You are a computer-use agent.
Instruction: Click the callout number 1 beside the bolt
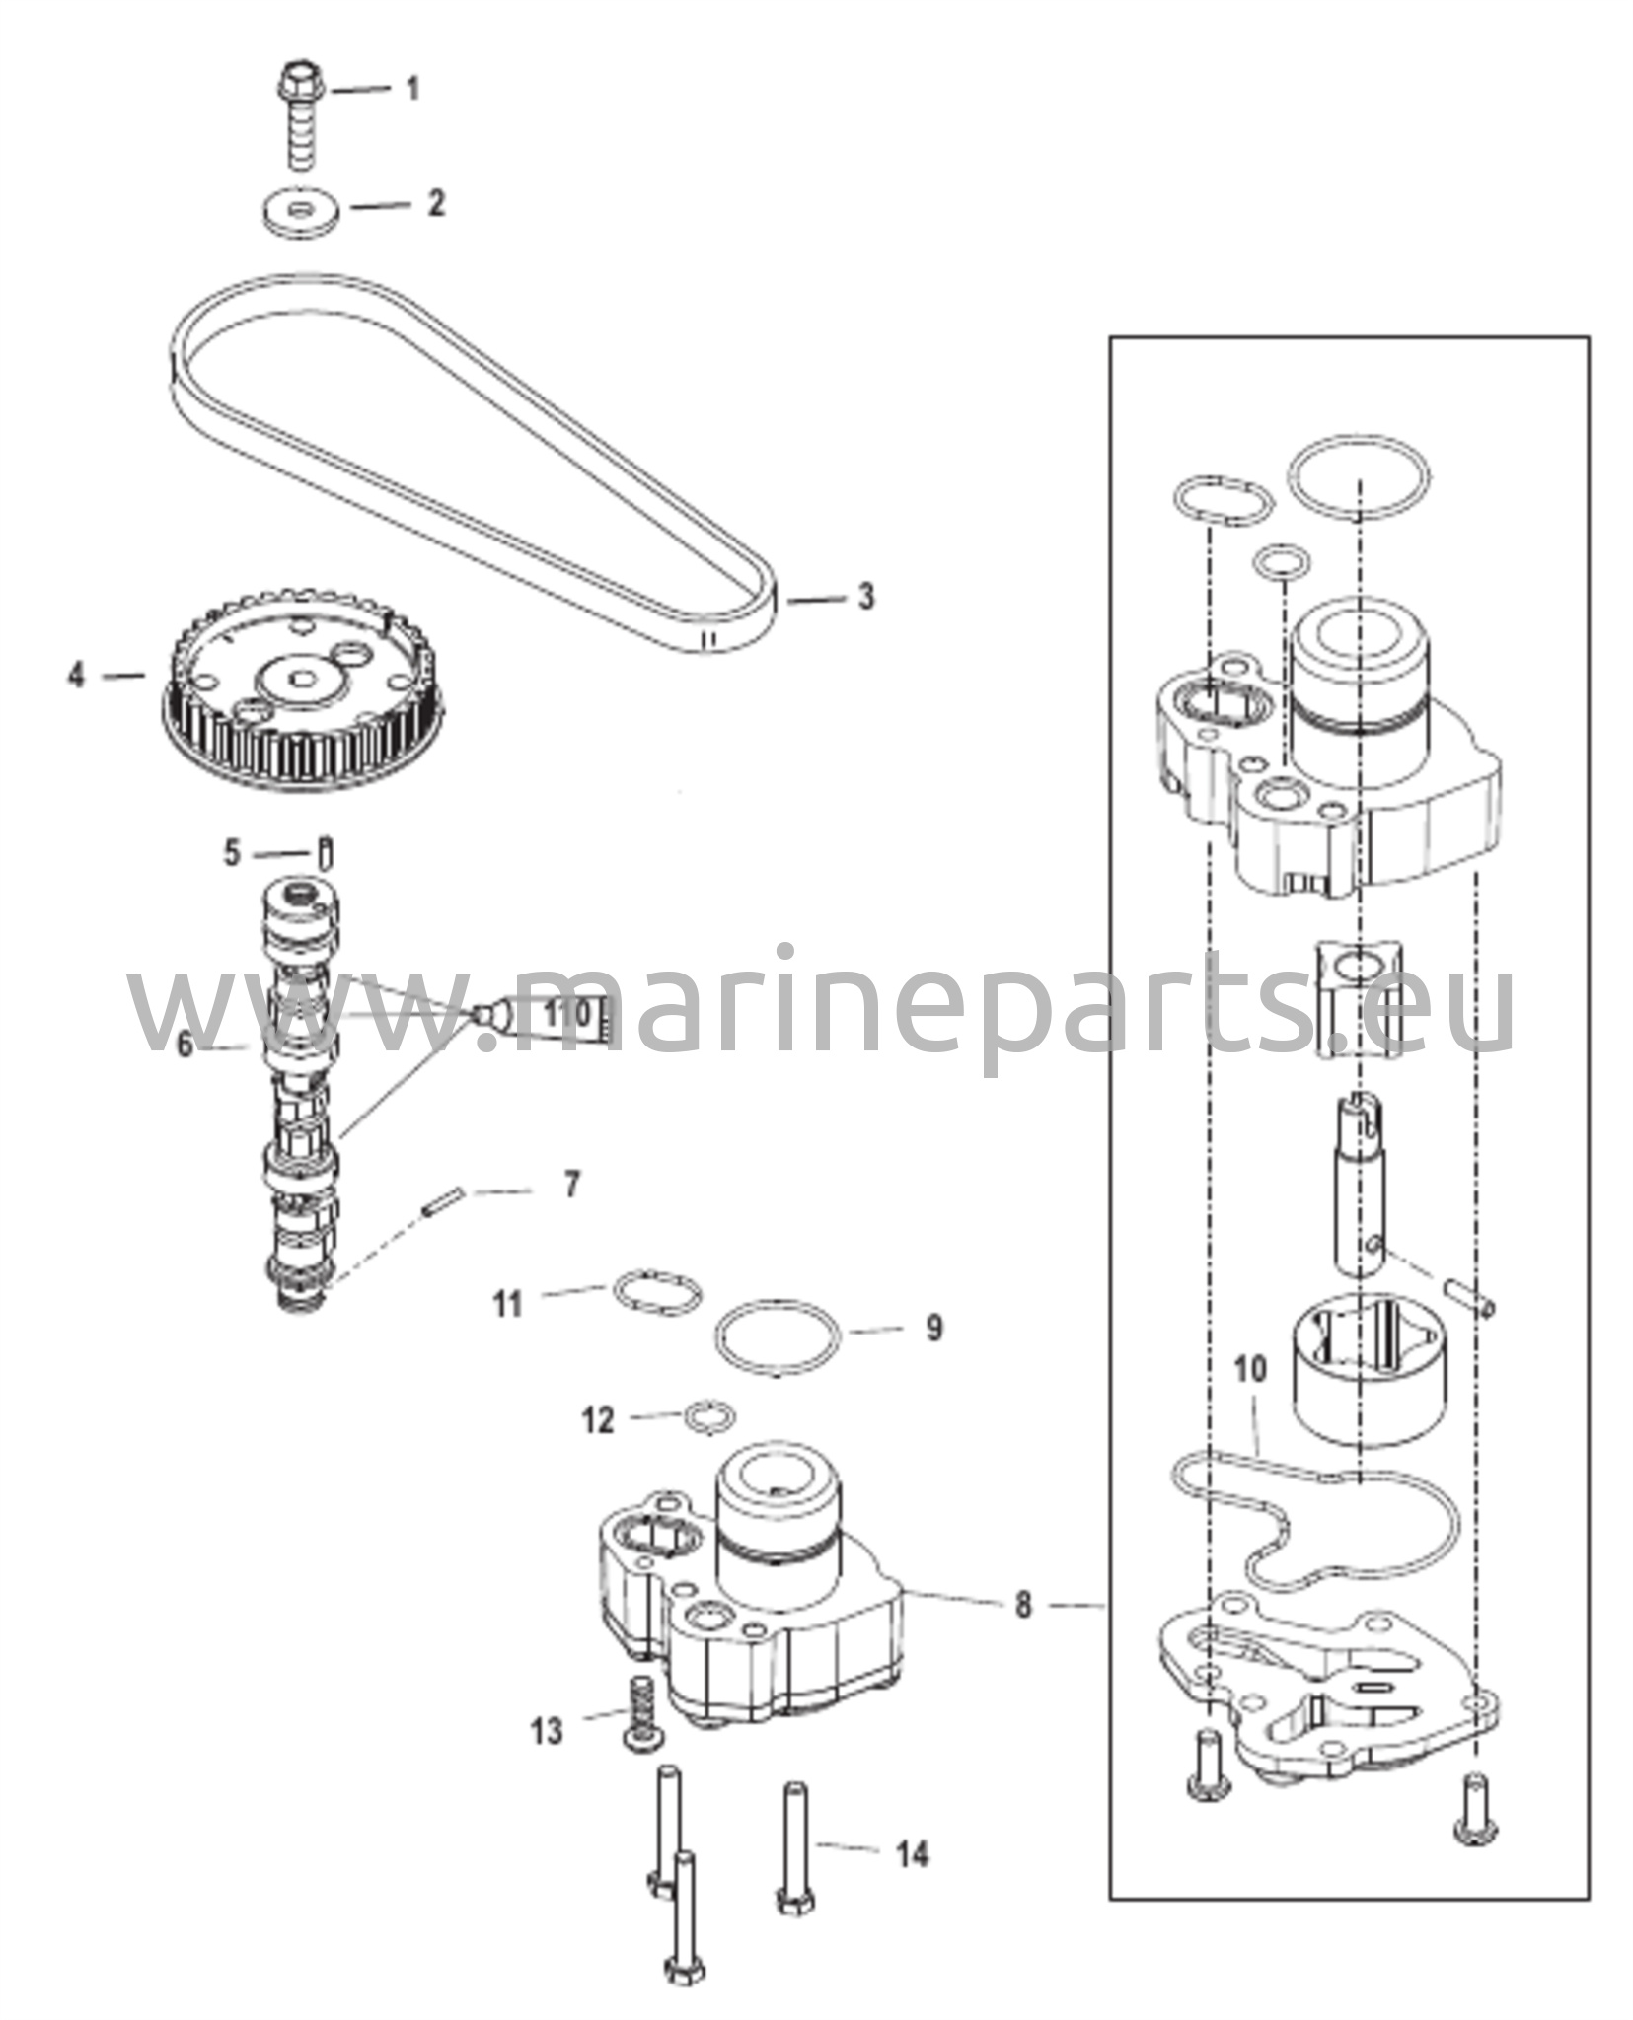point(413,89)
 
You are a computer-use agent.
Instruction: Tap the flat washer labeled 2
point(302,213)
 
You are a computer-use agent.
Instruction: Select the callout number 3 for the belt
point(864,596)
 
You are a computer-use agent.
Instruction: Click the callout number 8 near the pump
point(1022,1605)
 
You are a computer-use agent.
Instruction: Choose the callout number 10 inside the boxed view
point(1249,1370)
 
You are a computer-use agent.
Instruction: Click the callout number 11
point(508,1304)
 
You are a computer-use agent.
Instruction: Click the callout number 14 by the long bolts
point(913,1854)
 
